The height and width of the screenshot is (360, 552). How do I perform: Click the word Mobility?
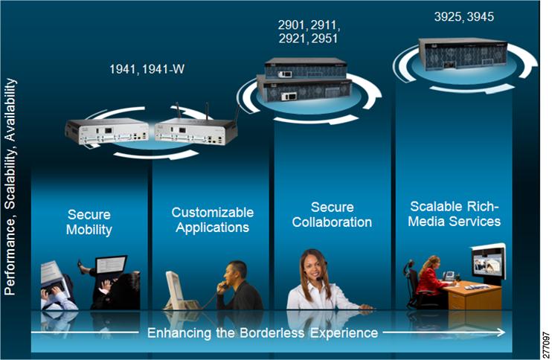coord(89,230)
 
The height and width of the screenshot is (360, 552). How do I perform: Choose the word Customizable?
coord(213,212)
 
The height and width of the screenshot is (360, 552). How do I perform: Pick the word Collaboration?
coord(332,222)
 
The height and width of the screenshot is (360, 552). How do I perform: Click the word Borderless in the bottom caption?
coord(272,333)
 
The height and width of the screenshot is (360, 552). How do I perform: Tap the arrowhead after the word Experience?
coord(501,332)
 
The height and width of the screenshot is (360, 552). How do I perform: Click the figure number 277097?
coord(546,345)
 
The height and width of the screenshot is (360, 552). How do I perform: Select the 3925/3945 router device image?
coord(463,54)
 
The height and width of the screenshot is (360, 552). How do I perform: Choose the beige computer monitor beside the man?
coord(175,289)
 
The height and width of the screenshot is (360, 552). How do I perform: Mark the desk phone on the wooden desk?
coord(449,275)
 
